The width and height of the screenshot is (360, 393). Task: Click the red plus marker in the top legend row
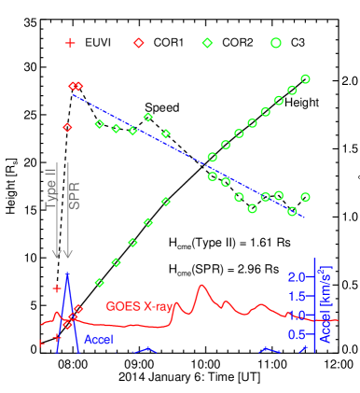[70, 43]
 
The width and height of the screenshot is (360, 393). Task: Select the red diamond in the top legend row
[139, 43]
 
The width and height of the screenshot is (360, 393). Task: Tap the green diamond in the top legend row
[207, 43]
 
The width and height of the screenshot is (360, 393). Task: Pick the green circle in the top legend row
[276, 43]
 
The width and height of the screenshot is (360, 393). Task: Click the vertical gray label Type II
[52, 187]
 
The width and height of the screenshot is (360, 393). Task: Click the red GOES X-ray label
[139, 306]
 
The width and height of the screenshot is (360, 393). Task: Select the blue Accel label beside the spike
[99, 340]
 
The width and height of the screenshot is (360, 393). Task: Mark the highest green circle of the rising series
[306, 79]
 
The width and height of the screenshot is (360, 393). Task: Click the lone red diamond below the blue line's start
[67, 127]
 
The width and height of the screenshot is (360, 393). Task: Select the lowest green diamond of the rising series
[100, 282]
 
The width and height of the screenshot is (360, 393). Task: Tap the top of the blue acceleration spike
[67, 274]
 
